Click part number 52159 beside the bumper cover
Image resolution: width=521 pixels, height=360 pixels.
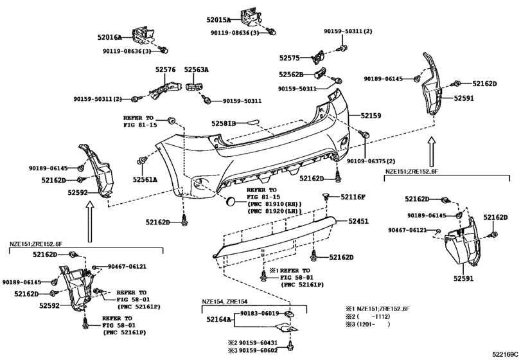[x=371, y=116]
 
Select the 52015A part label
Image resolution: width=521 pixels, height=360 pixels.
[x=218, y=20]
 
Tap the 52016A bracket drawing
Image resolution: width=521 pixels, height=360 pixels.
[x=143, y=36]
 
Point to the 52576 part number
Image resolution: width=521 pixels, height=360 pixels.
[x=166, y=70]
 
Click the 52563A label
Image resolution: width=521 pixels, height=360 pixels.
[x=197, y=70]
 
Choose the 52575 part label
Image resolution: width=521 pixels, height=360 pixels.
[x=289, y=58]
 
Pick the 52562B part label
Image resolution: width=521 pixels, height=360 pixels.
[x=291, y=75]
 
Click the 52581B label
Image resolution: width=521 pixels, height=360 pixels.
[x=224, y=123]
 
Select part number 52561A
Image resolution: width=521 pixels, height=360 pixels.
[x=145, y=180]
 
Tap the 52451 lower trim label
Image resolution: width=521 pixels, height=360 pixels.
[x=358, y=221]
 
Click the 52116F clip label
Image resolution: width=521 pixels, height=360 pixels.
[x=353, y=197]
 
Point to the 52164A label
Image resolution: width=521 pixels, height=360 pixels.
[x=218, y=319]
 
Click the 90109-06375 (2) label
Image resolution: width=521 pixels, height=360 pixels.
[x=371, y=161]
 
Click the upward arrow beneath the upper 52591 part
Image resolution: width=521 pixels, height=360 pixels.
[x=431, y=152]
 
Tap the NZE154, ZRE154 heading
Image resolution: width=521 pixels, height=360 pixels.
[x=225, y=301]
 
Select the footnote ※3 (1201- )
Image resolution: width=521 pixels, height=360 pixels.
[x=368, y=325]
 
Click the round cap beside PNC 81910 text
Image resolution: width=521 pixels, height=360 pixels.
[x=230, y=201]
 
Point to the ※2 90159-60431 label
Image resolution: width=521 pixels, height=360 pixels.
[x=252, y=343]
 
